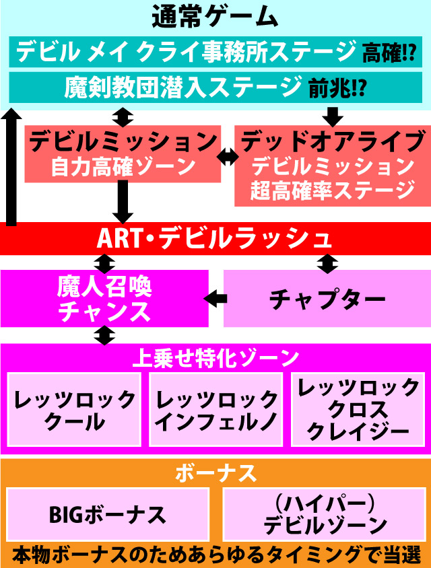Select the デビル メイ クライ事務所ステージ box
pos(185,51)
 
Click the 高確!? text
pos(389,52)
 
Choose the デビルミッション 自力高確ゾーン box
pos(123,153)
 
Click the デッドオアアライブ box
pos(331,165)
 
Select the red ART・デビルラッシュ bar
pos(215,238)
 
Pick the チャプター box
pos(327,298)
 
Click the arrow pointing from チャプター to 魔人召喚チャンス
pos(215,297)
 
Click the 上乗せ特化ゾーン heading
pos(215,357)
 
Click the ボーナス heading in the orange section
pos(215,473)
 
